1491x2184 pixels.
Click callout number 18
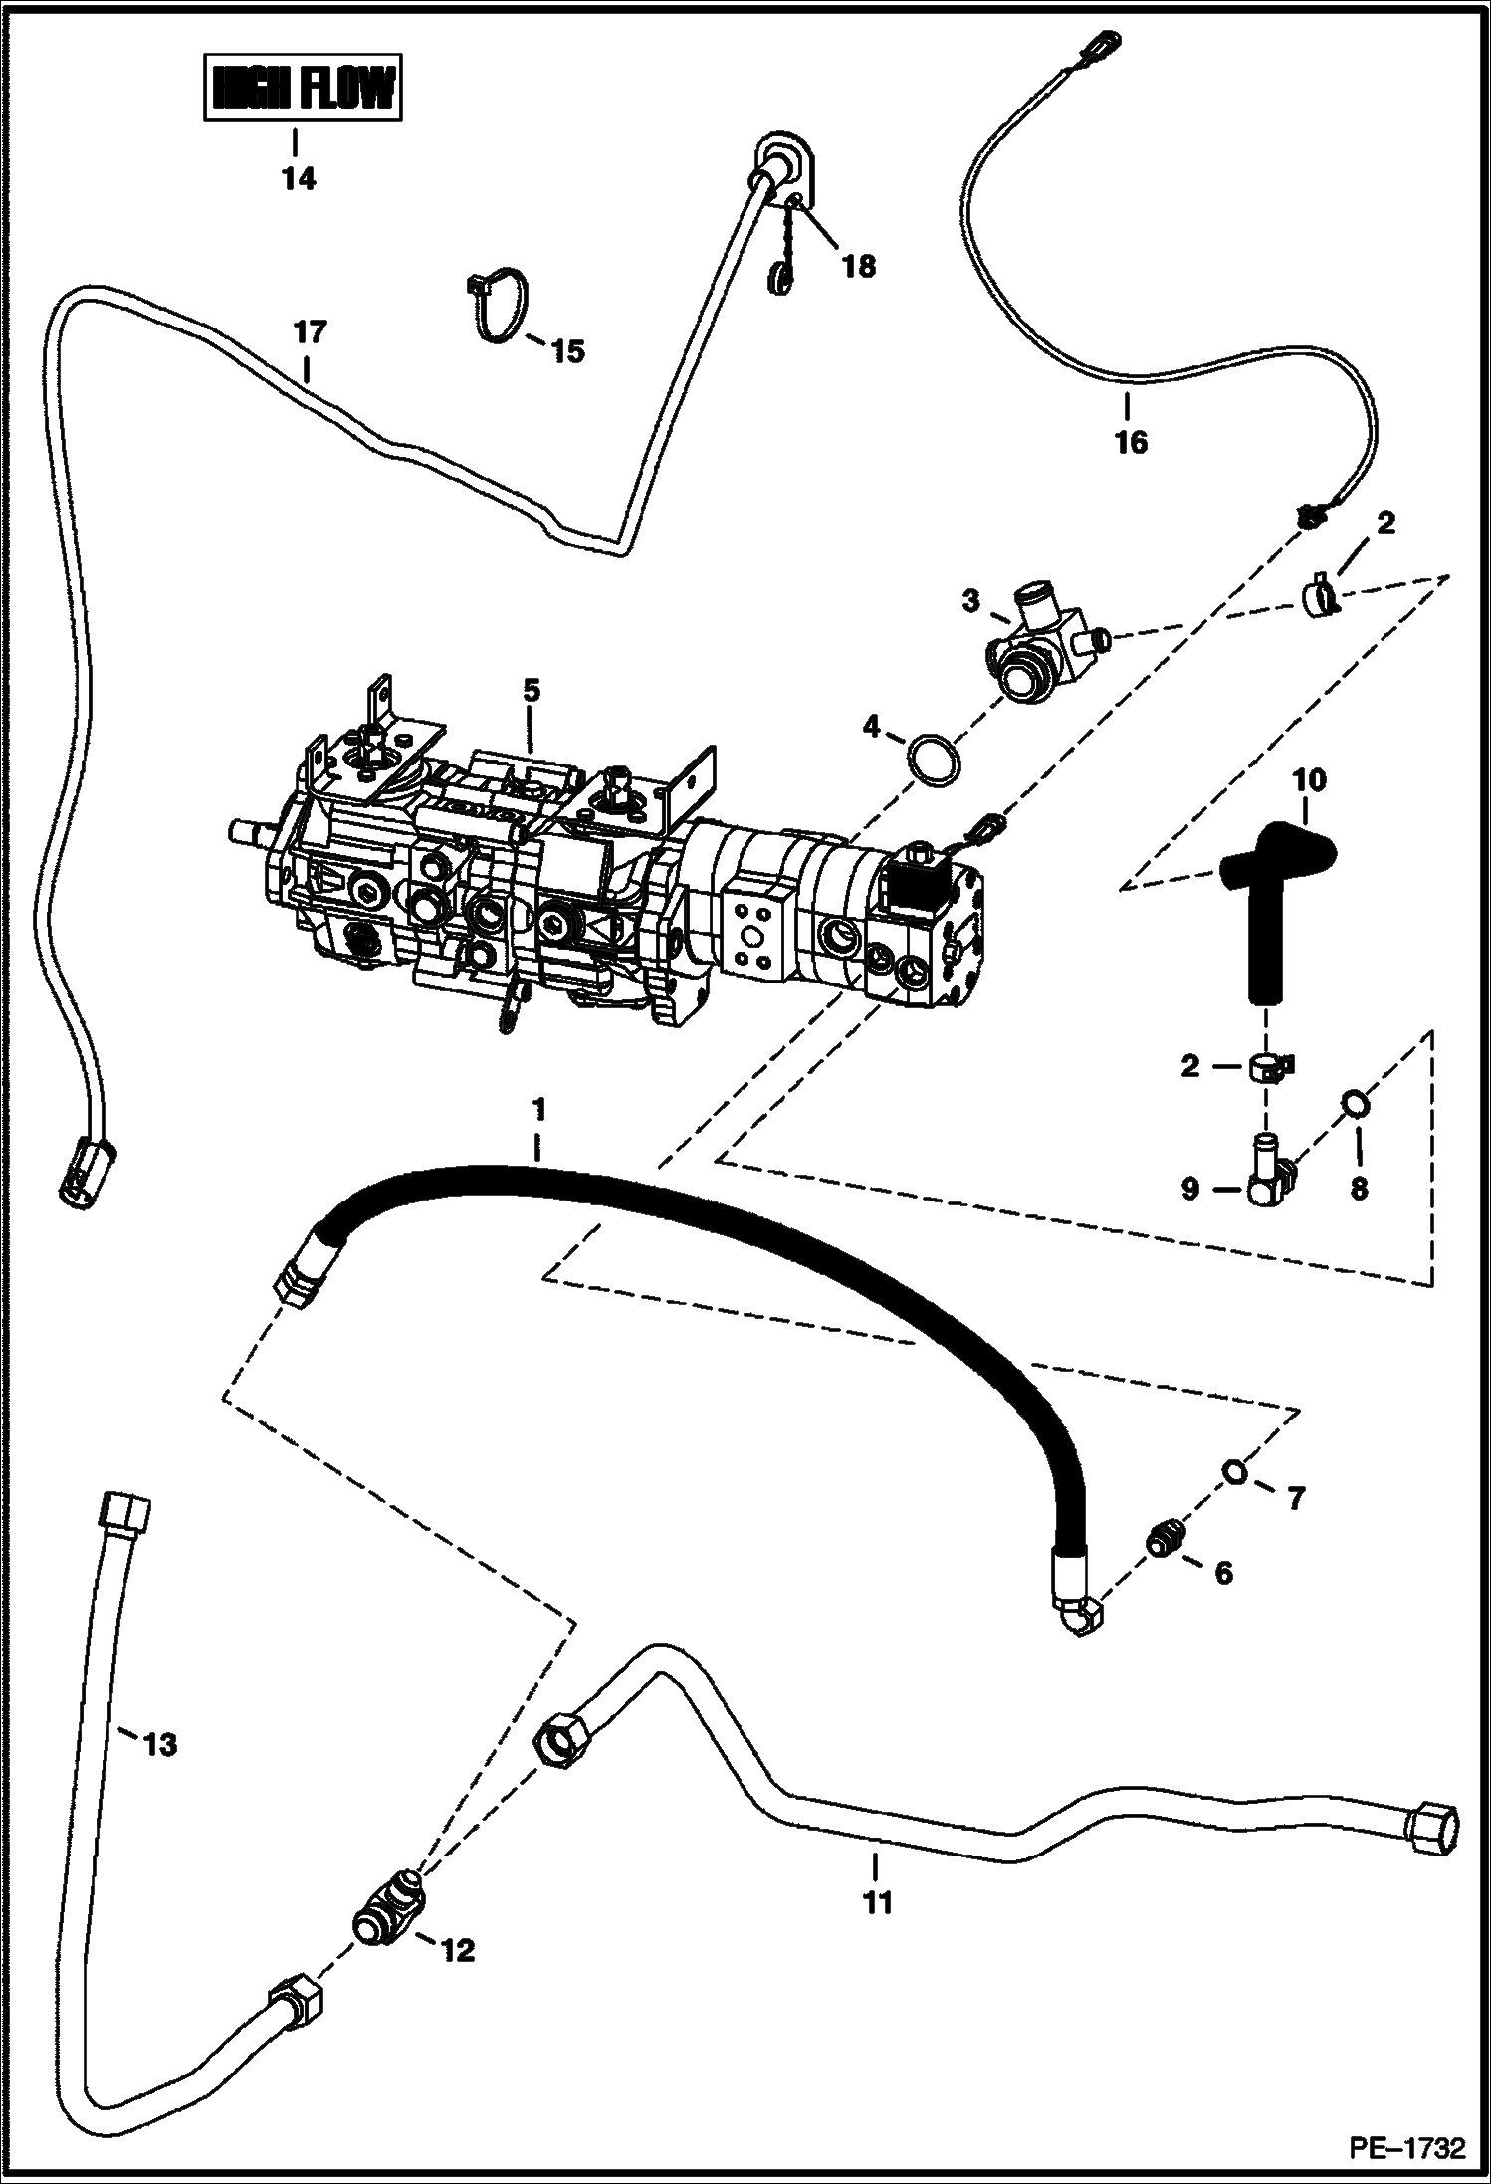(x=859, y=266)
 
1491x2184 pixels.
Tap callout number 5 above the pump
(x=532, y=692)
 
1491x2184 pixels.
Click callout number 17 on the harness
(x=310, y=331)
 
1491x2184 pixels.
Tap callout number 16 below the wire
(x=1131, y=441)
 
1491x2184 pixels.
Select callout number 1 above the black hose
(x=538, y=1108)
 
